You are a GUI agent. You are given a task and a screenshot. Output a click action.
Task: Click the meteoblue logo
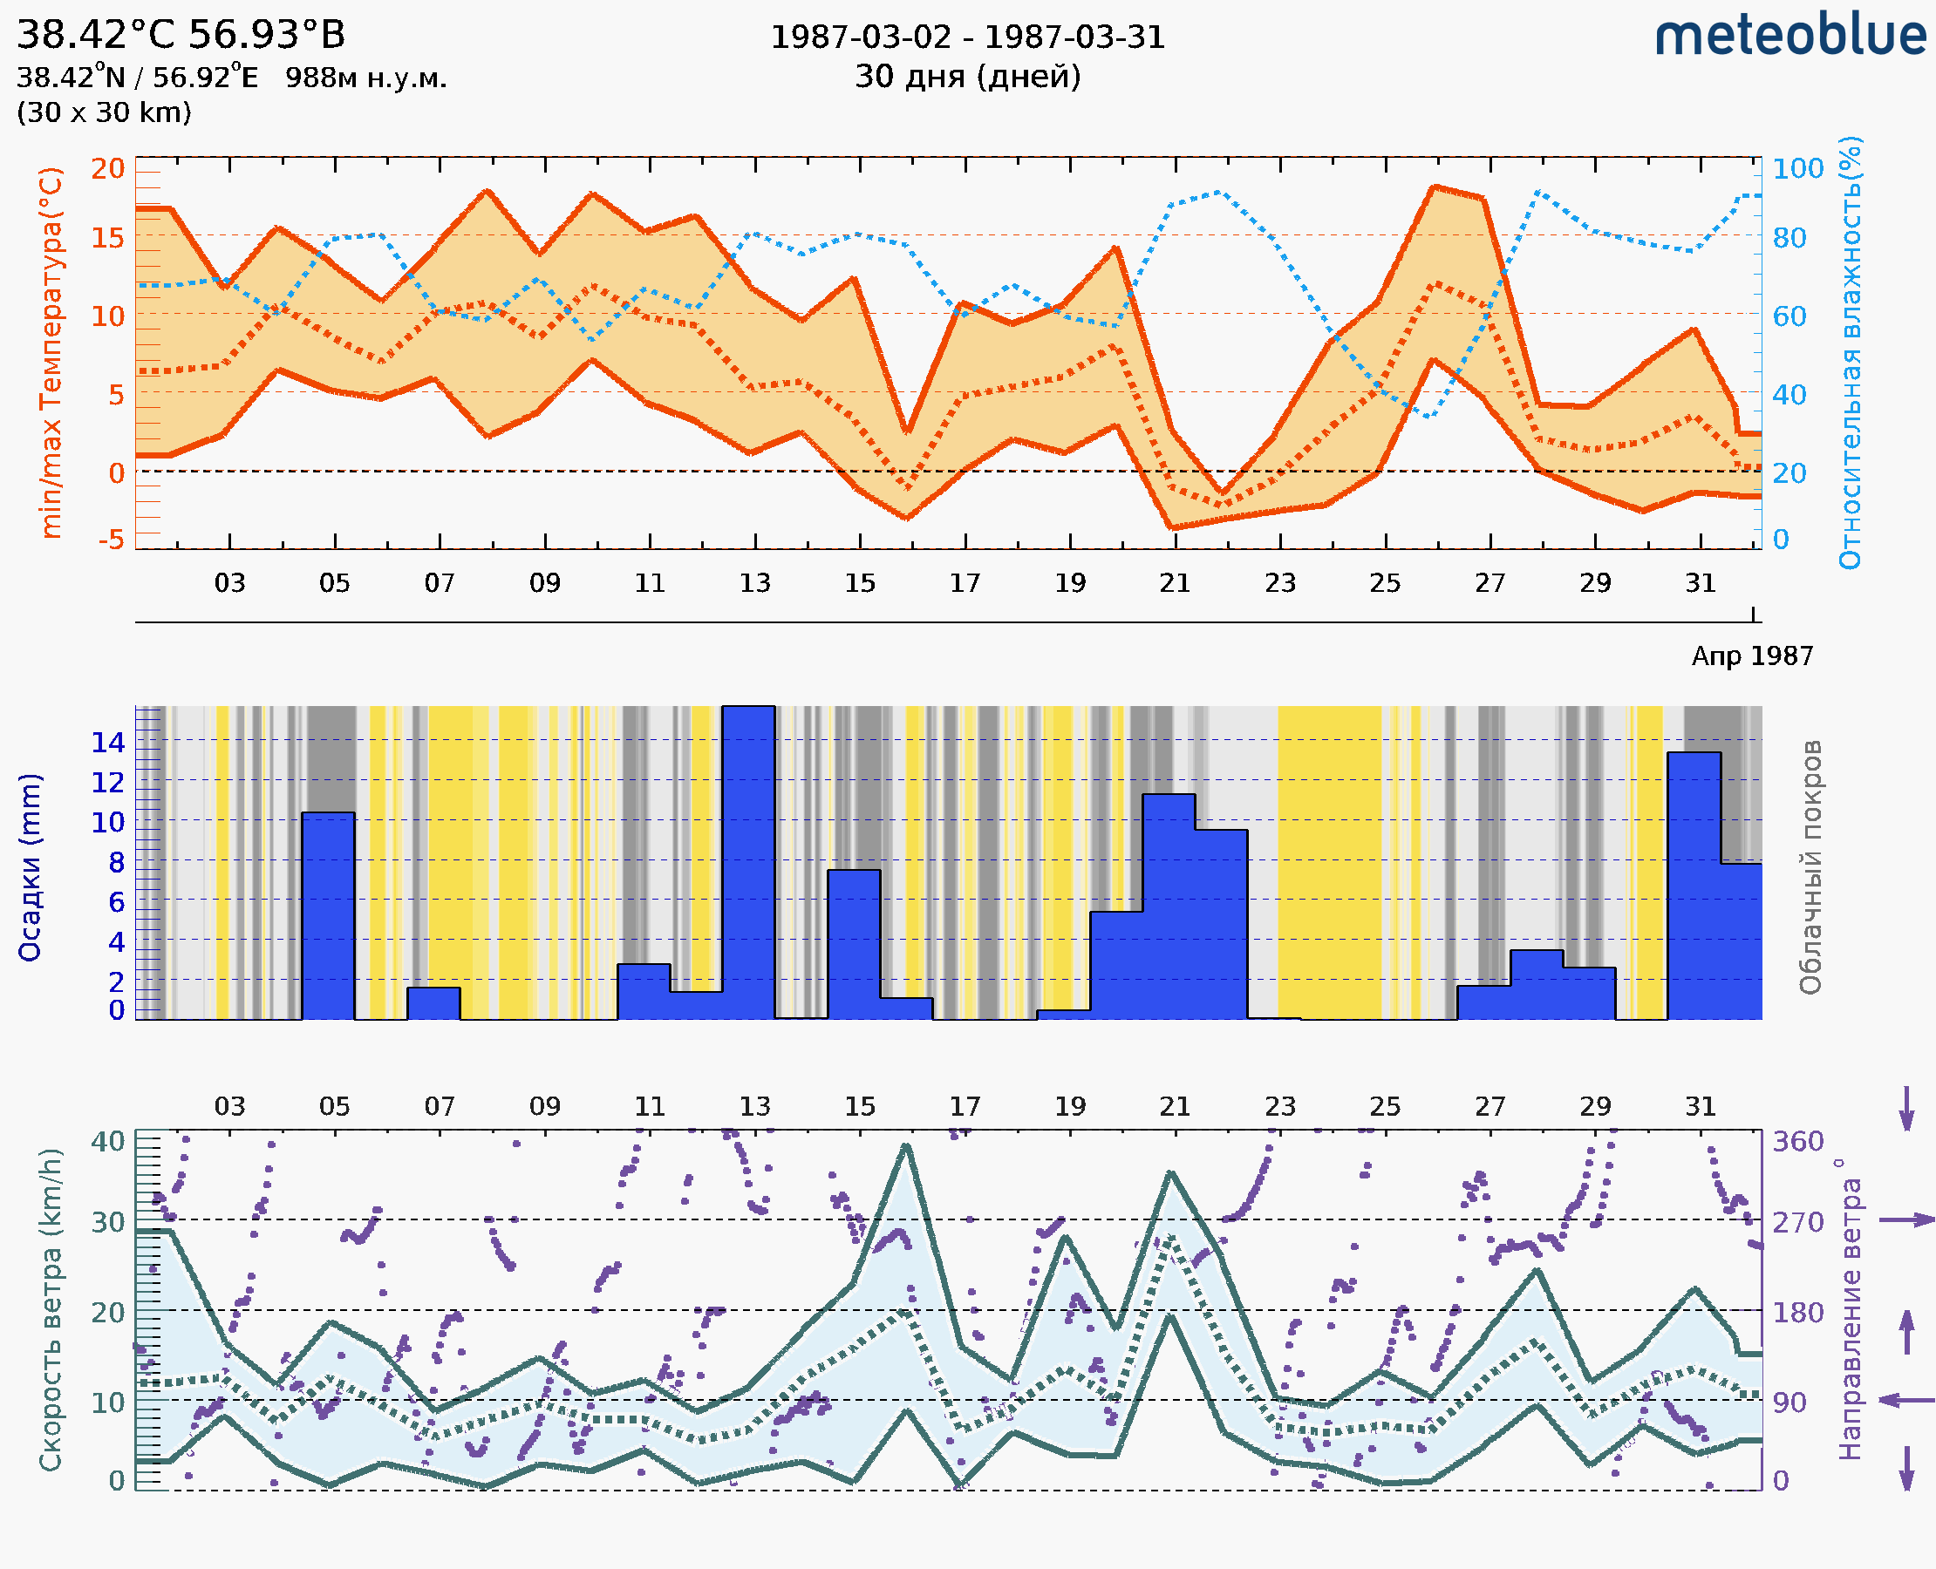tap(1790, 36)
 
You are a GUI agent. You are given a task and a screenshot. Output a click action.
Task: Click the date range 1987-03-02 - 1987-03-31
tap(967, 37)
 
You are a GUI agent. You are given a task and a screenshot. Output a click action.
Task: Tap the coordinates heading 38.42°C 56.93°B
tap(181, 35)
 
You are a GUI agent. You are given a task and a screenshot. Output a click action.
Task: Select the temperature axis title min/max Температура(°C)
tap(51, 352)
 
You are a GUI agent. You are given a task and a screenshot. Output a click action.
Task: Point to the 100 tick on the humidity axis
tap(1797, 168)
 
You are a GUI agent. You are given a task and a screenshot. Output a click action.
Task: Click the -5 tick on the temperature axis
tap(112, 540)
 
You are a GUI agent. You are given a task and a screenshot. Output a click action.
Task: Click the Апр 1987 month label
tap(1751, 655)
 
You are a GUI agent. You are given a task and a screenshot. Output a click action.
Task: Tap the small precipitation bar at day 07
tap(433, 1002)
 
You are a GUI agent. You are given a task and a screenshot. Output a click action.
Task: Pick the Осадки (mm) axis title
tap(30, 867)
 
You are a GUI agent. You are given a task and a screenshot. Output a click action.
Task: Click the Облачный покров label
tap(1810, 867)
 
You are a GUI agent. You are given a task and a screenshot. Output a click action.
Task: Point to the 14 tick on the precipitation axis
tap(107, 742)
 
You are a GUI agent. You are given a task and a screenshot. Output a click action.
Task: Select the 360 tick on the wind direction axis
tap(1797, 1142)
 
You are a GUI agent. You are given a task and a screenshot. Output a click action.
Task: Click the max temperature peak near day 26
tap(1435, 187)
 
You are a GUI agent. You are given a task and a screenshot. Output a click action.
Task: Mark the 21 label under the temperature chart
tap(1175, 583)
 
